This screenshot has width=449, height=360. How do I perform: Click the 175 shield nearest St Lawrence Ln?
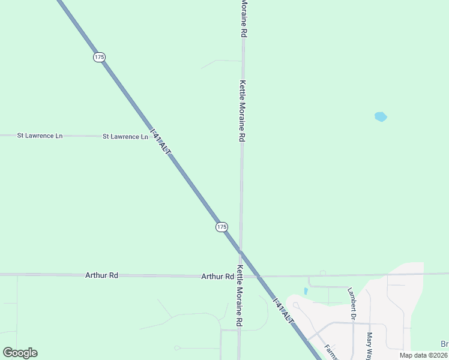pos(99,57)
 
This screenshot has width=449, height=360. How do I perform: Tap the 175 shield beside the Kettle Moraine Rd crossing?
pos(221,227)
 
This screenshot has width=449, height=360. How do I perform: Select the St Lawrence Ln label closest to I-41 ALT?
pos(125,137)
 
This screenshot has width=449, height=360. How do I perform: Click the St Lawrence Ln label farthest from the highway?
pos(40,136)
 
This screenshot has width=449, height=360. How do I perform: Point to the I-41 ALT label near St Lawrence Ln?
pos(160,143)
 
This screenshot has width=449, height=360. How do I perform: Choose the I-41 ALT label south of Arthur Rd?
pos(283,310)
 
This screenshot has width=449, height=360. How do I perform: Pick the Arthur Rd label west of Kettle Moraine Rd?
pos(217,277)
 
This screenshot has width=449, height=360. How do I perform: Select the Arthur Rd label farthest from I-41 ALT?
pos(101,275)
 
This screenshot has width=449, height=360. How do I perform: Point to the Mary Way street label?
pos(370,346)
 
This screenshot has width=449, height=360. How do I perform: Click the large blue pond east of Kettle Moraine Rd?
pos(381,117)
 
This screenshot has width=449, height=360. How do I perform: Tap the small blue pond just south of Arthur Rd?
pos(306,292)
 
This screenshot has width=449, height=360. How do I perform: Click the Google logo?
pos(20,353)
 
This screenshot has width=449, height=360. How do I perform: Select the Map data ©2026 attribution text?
pos(424,355)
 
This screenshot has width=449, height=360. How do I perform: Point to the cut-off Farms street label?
pos(331,351)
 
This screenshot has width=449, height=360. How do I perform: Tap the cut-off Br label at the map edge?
pos(445,344)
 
